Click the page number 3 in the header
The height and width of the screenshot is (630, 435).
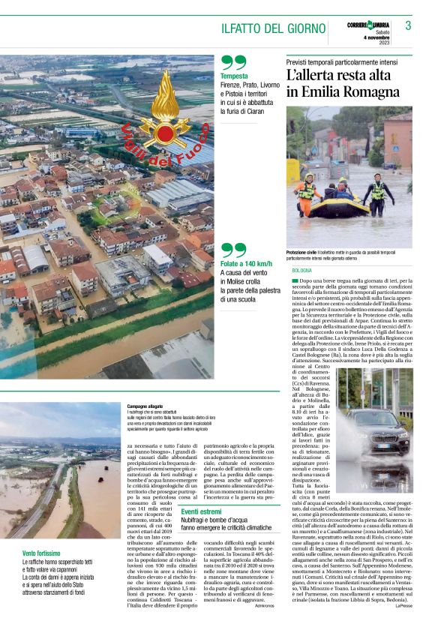(x=409, y=25)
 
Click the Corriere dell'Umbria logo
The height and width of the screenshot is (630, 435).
(x=372, y=25)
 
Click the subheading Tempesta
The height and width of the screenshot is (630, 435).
(x=234, y=76)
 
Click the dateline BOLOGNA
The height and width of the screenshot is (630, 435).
(x=302, y=269)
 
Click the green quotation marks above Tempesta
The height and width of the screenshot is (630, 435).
(x=233, y=62)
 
